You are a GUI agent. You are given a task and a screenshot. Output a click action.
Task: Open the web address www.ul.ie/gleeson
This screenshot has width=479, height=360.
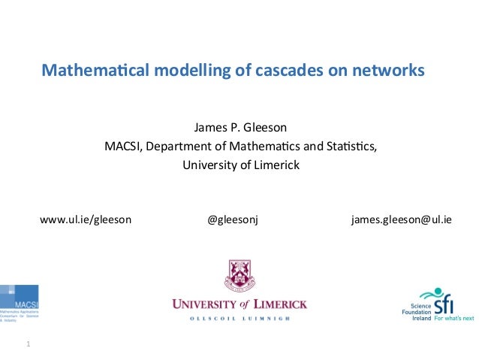pos(86,220)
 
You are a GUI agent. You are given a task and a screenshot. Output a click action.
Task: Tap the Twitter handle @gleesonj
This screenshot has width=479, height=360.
pos(232,220)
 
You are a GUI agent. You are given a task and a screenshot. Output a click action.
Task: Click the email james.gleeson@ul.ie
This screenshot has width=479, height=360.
pos(402,220)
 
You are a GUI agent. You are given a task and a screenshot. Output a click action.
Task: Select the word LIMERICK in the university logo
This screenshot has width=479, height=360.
pos(281,304)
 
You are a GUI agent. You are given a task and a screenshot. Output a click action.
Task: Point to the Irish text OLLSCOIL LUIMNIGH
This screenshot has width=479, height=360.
pos(240,319)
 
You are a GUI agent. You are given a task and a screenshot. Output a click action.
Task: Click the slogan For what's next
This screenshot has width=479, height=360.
pos(454,319)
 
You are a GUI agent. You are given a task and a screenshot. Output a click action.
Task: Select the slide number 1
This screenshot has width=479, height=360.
pos(28,345)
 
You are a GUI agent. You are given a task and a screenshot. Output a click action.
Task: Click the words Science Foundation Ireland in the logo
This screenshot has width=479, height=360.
pos(420,310)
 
